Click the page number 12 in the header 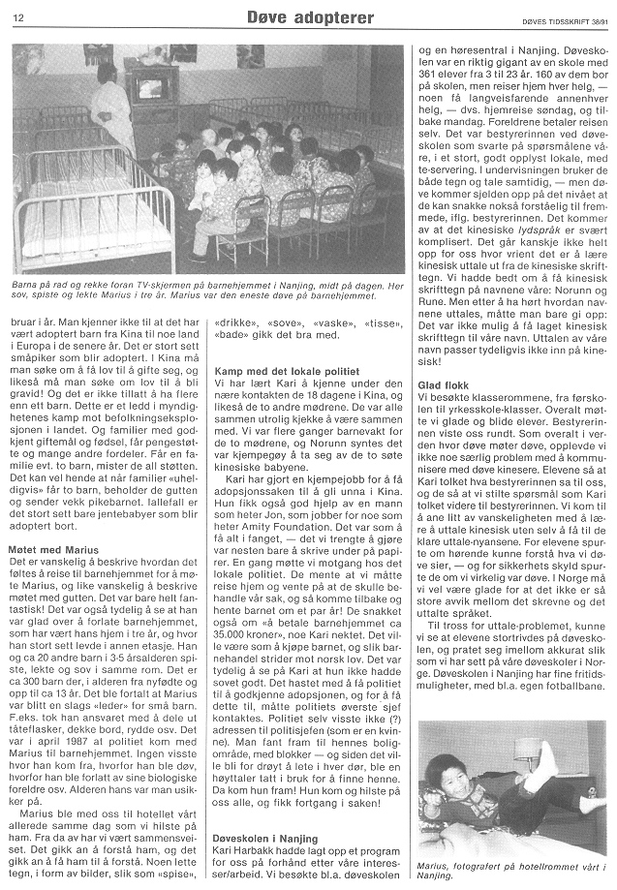(18, 17)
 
